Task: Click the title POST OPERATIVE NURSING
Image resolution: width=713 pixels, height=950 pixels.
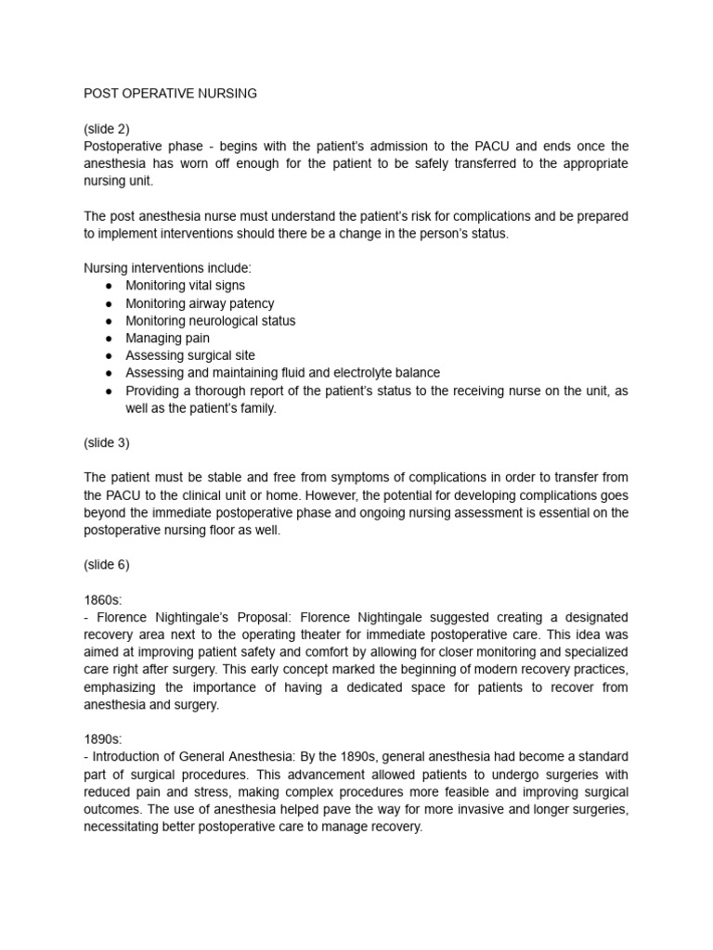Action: pyautogui.click(x=170, y=94)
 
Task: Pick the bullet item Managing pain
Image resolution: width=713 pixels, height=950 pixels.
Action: pyautogui.click(x=168, y=338)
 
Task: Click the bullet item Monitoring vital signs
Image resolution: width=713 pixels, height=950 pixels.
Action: pyautogui.click(x=186, y=286)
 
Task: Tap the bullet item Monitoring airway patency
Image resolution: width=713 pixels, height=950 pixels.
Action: pyautogui.click(x=200, y=303)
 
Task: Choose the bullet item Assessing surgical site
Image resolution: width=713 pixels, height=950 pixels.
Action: pyautogui.click(x=190, y=355)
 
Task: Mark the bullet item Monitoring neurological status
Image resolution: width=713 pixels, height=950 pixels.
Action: pyautogui.click(x=211, y=321)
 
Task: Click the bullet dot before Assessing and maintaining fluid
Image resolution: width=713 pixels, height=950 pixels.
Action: pyautogui.click(x=109, y=373)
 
